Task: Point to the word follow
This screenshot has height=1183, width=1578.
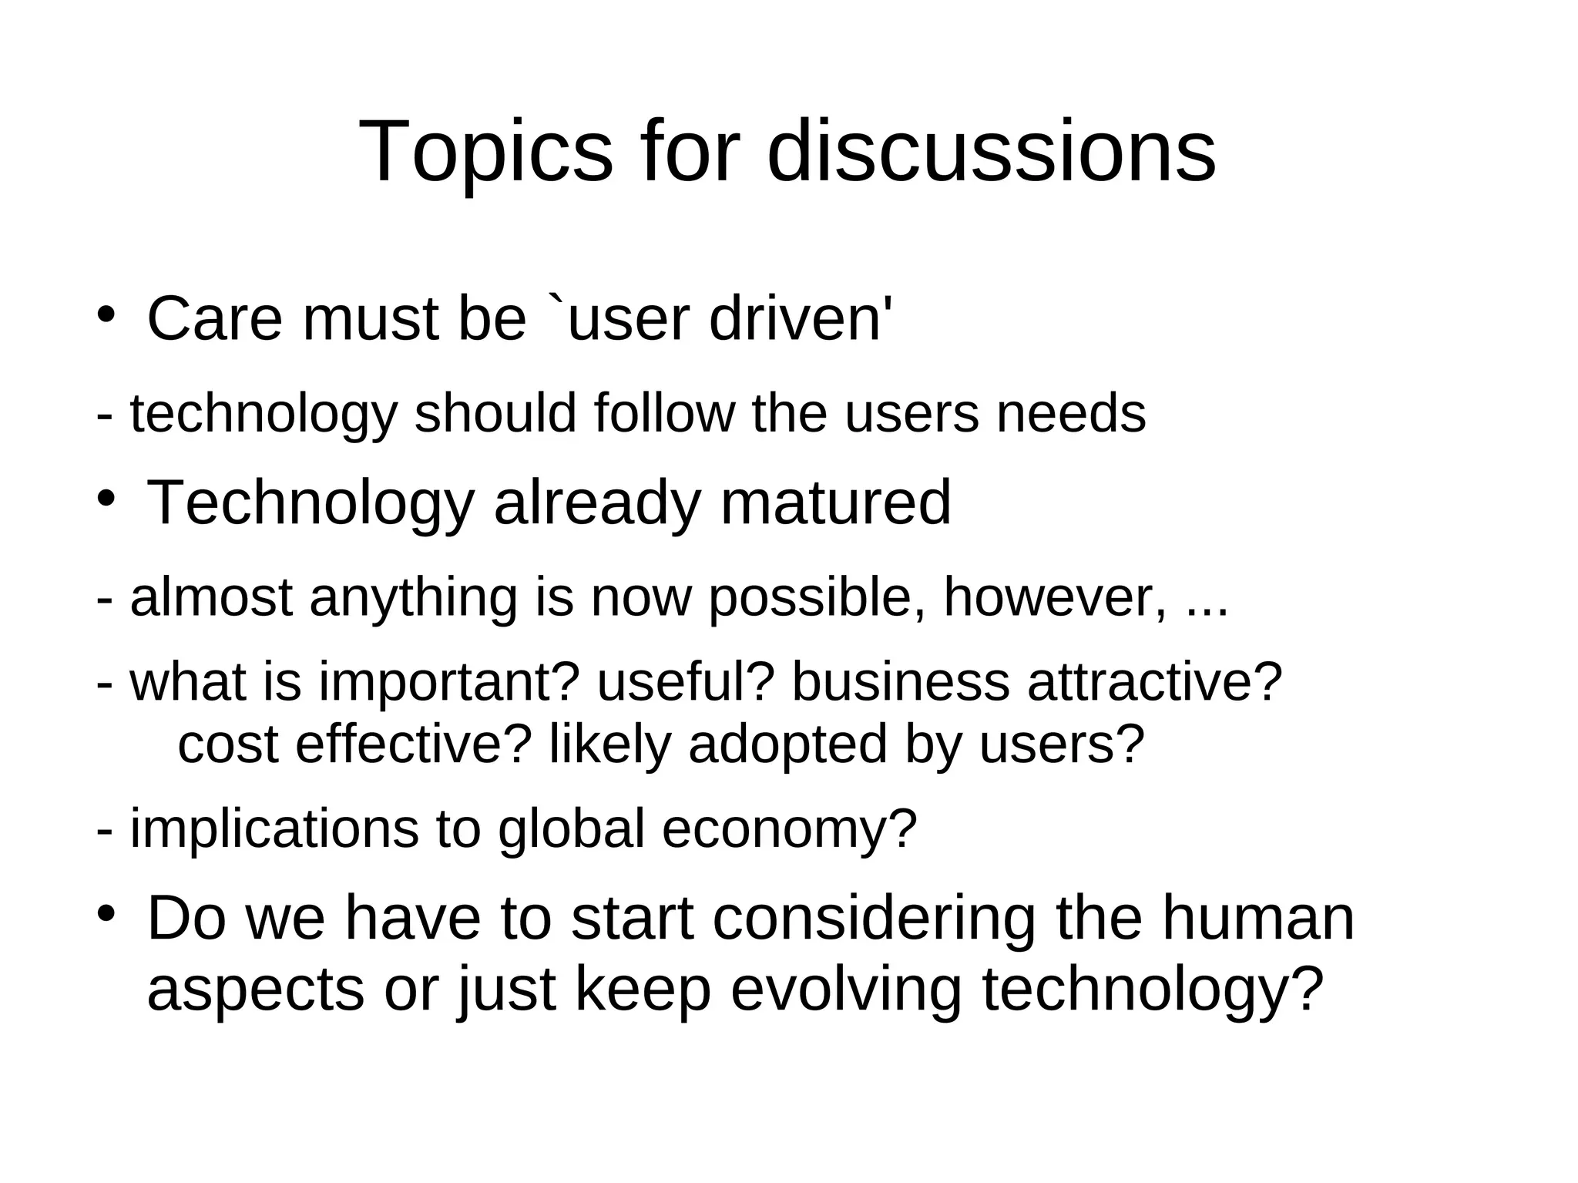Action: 664,413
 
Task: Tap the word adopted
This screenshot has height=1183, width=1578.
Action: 787,745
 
